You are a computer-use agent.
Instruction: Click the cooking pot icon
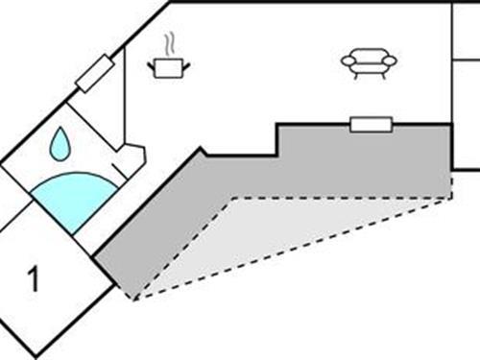point(169,67)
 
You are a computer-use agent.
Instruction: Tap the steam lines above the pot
point(169,44)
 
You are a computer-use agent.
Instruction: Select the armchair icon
point(369,63)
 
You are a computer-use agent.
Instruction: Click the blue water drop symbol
point(60,146)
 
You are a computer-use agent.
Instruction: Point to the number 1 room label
point(35,281)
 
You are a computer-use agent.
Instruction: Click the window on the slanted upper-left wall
point(94,74)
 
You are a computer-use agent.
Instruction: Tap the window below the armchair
point(371,124)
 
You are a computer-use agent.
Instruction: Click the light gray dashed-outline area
point(288,235)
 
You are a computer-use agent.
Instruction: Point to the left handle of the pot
point(152,64)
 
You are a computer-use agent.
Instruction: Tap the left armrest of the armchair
point(347,61)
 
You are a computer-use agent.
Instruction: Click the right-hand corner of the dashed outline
point(450,198)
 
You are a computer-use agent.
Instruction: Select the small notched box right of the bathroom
point(131,158)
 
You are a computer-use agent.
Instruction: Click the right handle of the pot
point(187,64)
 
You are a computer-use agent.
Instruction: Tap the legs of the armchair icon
point(369,75)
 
